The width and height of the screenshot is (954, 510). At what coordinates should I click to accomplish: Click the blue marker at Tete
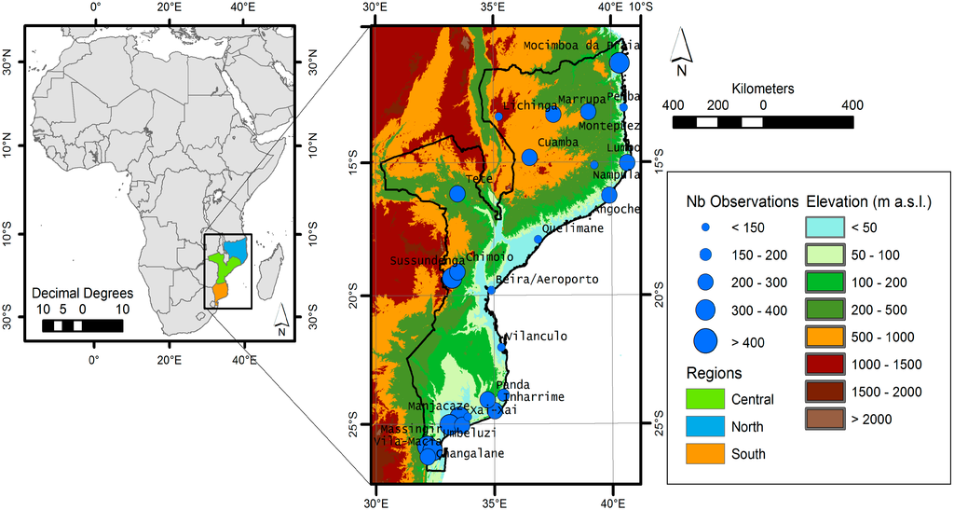(457, 193)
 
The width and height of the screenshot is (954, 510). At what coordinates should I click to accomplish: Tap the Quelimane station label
(570, 227)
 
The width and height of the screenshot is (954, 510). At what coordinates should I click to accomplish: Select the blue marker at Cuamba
(529, 157)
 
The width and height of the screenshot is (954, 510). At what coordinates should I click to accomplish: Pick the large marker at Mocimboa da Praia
(620, 63)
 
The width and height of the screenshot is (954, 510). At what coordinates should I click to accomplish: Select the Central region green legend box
(704, 399)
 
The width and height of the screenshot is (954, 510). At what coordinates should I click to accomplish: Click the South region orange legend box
(704, 453)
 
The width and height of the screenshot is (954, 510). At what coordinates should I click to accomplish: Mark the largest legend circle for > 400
(705, 342)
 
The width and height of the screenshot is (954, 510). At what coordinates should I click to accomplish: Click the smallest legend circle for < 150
(705, 227)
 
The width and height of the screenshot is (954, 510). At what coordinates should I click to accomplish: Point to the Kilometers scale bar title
(763, 89)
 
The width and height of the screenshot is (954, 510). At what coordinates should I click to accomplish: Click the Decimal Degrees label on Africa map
(82, 293)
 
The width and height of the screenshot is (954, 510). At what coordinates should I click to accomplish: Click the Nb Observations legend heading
(742, 200)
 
